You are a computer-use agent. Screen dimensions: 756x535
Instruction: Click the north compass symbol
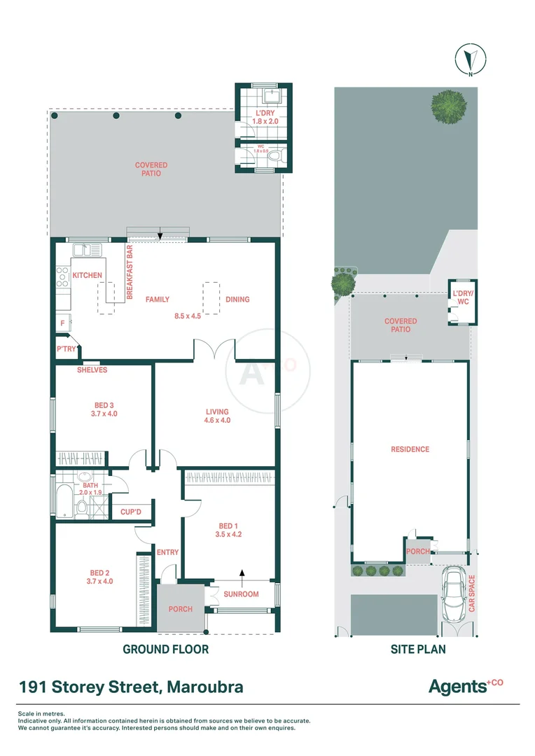point(471,60)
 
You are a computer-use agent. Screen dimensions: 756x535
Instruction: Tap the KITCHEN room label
point(88,276)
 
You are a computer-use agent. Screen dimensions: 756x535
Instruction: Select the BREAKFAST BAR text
point(130,272)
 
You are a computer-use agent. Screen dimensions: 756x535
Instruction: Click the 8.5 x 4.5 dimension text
point(188,316)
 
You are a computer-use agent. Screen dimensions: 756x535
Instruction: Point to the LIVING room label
point(216,412)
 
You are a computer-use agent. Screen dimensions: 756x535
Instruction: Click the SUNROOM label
point(241,594)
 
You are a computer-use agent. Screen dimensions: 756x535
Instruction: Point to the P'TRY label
point(66,349)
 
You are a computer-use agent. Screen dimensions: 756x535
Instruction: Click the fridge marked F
point(63,323)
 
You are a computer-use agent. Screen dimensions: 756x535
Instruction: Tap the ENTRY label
point(168,552)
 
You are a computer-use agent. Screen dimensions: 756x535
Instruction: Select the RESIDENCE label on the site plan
point(410,449)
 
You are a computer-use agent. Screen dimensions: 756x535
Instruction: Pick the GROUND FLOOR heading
point(165,650)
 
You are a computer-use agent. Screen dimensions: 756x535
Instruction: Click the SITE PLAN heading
point(417,650)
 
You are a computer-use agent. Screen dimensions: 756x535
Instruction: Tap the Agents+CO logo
point(466,687)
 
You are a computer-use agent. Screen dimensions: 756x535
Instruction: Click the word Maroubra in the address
point(205,687)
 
